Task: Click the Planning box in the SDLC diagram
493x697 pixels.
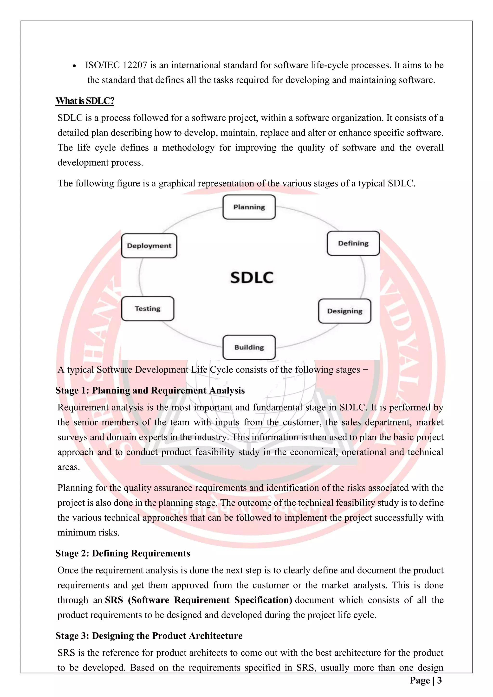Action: [x=249, y=207]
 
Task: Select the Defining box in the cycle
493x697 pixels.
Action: [x=353, y=244]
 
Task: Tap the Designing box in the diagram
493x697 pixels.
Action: [x=344, y=311]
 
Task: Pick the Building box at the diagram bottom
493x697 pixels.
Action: [x=249, y=347]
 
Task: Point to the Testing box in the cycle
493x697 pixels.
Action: [x=148, y=309]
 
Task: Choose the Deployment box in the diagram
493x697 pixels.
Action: [x=149, y=246]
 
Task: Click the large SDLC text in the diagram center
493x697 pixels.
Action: [x=252, y=278]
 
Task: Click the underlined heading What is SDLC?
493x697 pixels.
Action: [x=85, y=101]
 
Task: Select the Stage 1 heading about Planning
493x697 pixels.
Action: [x=150, y=390]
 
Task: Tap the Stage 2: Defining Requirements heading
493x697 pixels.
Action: [x=123, y=553]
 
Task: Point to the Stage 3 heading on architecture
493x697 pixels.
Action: [x=149, y=636]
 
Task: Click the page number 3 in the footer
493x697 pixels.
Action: [x=439, y=680]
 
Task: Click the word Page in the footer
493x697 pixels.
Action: [x=420, y=680]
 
